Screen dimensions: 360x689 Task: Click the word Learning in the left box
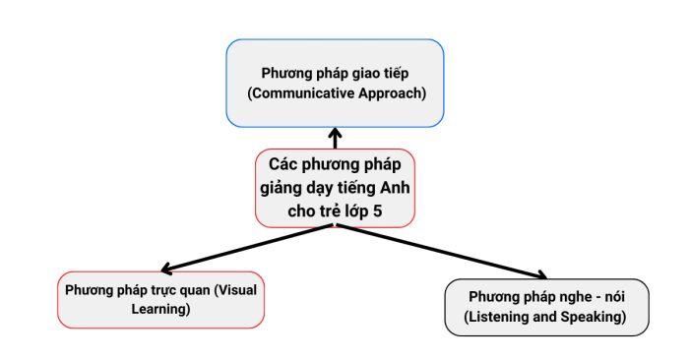[161, 309]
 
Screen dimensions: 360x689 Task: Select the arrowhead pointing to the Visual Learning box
[167, 269]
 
